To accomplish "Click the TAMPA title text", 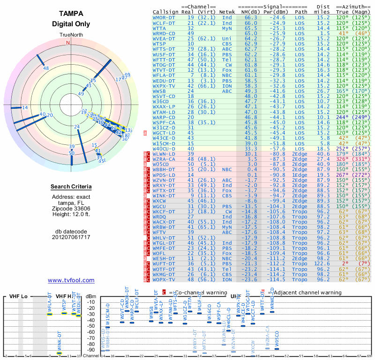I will click(71, 14).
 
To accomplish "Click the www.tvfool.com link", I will click(71, 280).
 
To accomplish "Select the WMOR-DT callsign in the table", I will click(164, 17).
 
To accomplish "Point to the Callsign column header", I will click(165, 11).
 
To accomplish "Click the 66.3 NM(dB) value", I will click(250, 17).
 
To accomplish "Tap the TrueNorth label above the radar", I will click(70, 36).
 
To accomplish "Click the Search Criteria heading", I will click(71, 187).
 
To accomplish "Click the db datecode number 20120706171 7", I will click(71, 237).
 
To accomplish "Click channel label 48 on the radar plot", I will click(46, 68).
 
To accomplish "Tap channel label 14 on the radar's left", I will click(25, 108).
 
